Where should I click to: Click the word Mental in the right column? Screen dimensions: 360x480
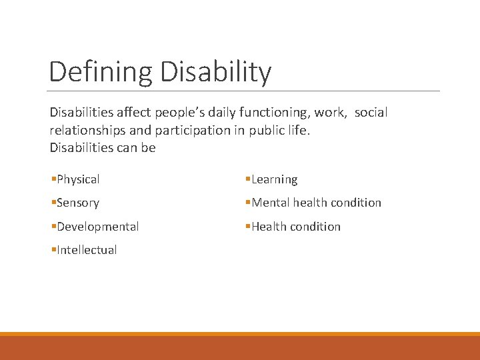click(271, 203)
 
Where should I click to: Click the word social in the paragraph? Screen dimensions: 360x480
click(371, 113)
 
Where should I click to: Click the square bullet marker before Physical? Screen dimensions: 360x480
click(53, 179)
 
